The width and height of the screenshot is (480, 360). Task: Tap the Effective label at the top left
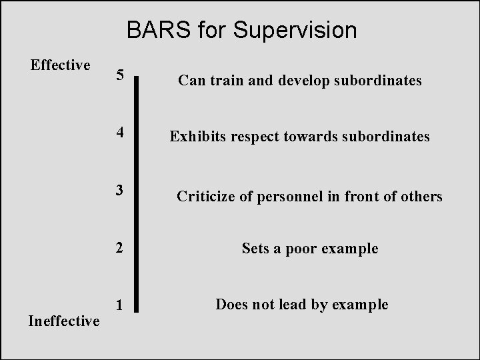[x=61, y=65]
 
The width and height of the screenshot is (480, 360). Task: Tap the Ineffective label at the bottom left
[x=64, y=321]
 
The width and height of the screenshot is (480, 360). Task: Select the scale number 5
[x=119, y=75]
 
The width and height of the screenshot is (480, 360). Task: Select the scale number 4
[x=119, y=132]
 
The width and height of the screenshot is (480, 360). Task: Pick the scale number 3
[x=119, y=190]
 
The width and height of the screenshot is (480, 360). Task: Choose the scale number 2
[x=119, y=248]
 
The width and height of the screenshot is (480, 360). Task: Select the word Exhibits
[x=197, y=137]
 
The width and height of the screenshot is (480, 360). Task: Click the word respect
[x=256, y=137]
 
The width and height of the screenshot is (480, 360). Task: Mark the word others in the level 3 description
[x=422, y=196]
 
